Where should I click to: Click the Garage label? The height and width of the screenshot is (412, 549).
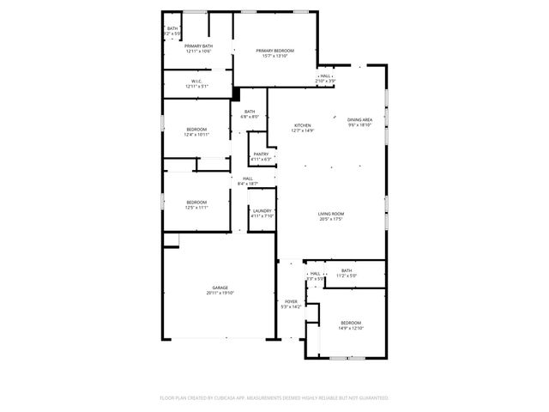point(220,288)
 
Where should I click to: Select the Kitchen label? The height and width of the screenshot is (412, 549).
point(303,125)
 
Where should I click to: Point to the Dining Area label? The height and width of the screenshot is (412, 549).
point(359,119)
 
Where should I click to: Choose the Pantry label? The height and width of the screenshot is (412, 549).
point(260,154)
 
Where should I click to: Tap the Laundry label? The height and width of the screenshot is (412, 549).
point(261,210)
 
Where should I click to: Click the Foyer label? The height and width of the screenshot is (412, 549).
point(291,301)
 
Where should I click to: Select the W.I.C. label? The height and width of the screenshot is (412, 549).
point(196,82)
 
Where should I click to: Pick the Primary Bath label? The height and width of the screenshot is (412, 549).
point(198,45)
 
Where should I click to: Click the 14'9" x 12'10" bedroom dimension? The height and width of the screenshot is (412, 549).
point(351,329)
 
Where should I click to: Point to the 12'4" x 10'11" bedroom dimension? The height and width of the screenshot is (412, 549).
point(196,135)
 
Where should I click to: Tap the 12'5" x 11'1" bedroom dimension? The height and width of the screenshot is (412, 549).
point(196,208)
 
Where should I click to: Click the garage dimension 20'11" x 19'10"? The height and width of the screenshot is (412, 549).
point(220,294)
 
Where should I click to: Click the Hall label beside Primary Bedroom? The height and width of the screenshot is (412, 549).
point(325,76)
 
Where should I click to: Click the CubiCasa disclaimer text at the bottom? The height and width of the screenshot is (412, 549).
point(274,398)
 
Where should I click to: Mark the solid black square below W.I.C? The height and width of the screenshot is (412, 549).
point(235,94)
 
